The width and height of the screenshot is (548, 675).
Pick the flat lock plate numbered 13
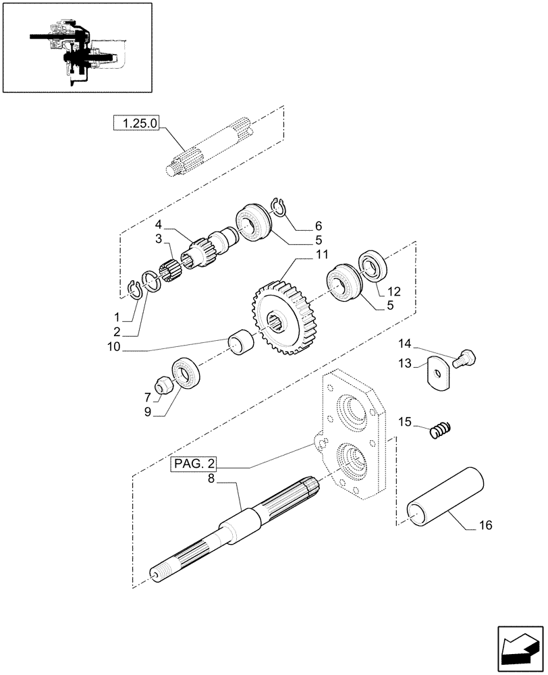[437, 373]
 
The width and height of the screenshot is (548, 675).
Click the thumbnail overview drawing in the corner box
[76, 47]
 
